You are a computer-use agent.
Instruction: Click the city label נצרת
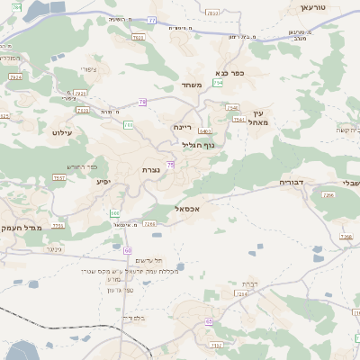150,169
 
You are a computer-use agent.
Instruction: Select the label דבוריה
292,183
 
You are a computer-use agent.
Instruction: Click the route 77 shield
152,20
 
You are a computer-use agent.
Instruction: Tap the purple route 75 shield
170,164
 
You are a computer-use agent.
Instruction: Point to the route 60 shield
128,250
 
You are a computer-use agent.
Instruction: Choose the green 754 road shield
217,83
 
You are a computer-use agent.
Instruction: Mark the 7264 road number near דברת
240,293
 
